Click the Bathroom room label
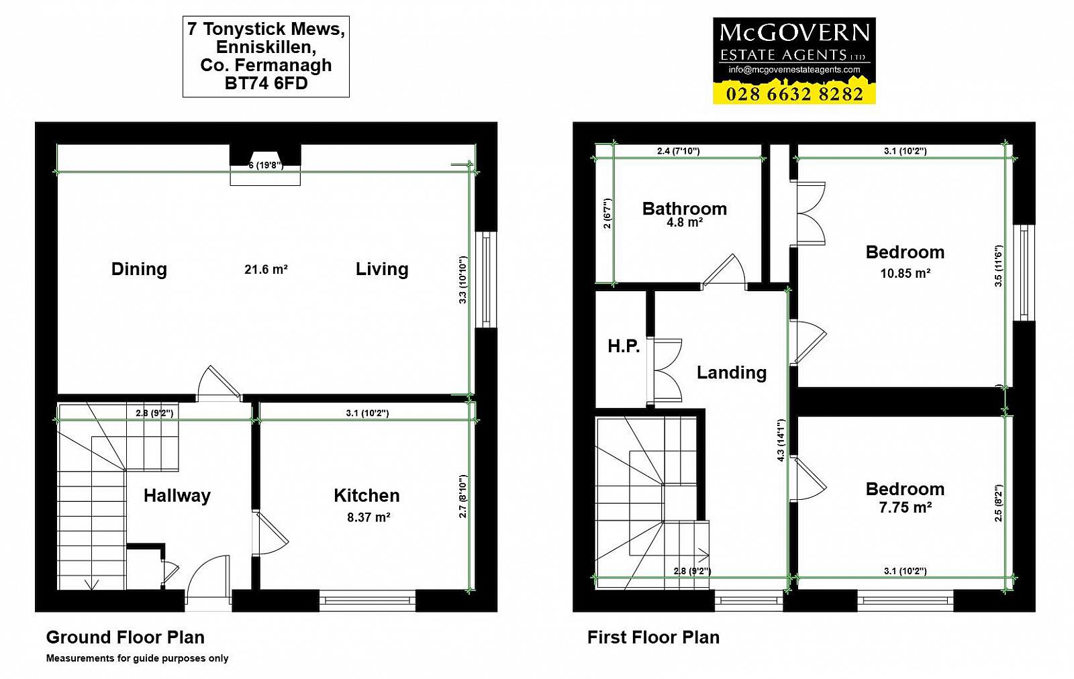point(684,209)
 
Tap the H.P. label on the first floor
point(624,346)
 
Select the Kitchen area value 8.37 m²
point(369,517)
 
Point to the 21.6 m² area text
point(266,269)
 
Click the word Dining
point(139,269)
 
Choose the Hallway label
point(177,495)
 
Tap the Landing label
point(731,372)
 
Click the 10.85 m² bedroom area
point(906,273)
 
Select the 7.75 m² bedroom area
point(906,507)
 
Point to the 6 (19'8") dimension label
point(266,166)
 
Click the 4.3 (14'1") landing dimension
point(781,440)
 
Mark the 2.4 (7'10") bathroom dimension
point(678,151)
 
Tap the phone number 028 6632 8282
point(795,94)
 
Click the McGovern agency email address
point(794,70)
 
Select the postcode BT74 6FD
point(266,83)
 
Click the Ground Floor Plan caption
point(125,637)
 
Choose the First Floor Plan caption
point(653,637)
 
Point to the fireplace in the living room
point(265,164)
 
